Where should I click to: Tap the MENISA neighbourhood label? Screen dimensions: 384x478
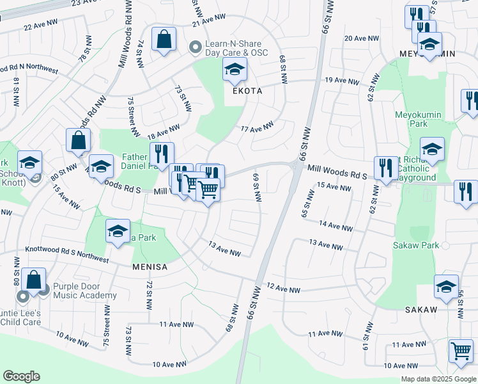point(150,266)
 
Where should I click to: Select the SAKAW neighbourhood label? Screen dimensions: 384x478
point(420,310)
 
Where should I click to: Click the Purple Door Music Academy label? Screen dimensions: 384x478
point(85,291)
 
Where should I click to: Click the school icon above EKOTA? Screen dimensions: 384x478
point(235,69)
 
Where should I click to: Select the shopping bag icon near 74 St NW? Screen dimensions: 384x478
point(164,38)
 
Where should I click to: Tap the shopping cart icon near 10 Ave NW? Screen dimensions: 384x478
point(461,351)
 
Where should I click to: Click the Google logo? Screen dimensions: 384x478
point(22,376)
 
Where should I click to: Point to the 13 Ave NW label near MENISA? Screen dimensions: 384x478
point(225,249)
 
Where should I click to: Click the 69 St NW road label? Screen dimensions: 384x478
point(258,188)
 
